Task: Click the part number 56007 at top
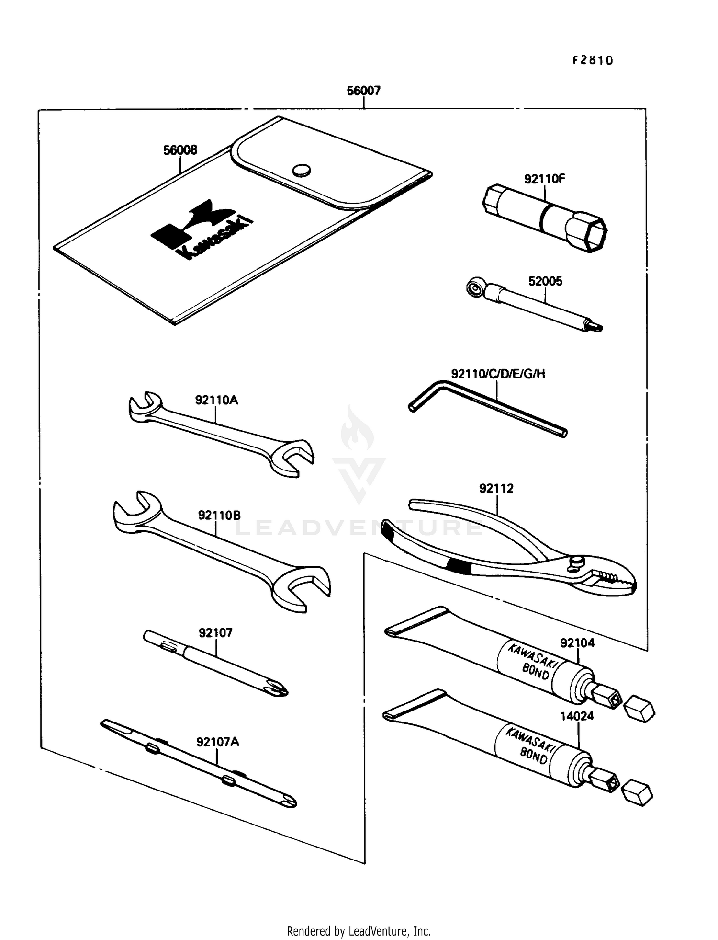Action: click(x=363, y=91)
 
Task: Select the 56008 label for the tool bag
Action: click(x=180, y=150)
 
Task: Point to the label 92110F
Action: click(x=544, y=179)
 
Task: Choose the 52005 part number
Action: click(x=545, y=281)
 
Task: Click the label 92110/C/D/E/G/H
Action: click(x=498, y=374)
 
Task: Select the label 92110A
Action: click(x=216, y=400)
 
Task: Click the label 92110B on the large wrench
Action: click(x=219, y=516)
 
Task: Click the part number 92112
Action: click(x=496, y=489)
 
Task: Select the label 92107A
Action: click(x=218, y=742)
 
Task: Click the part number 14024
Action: click(x=577, y=716)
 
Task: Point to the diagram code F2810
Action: click(x=593, y=60)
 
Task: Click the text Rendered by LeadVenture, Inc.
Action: click(x=359, y=930)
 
